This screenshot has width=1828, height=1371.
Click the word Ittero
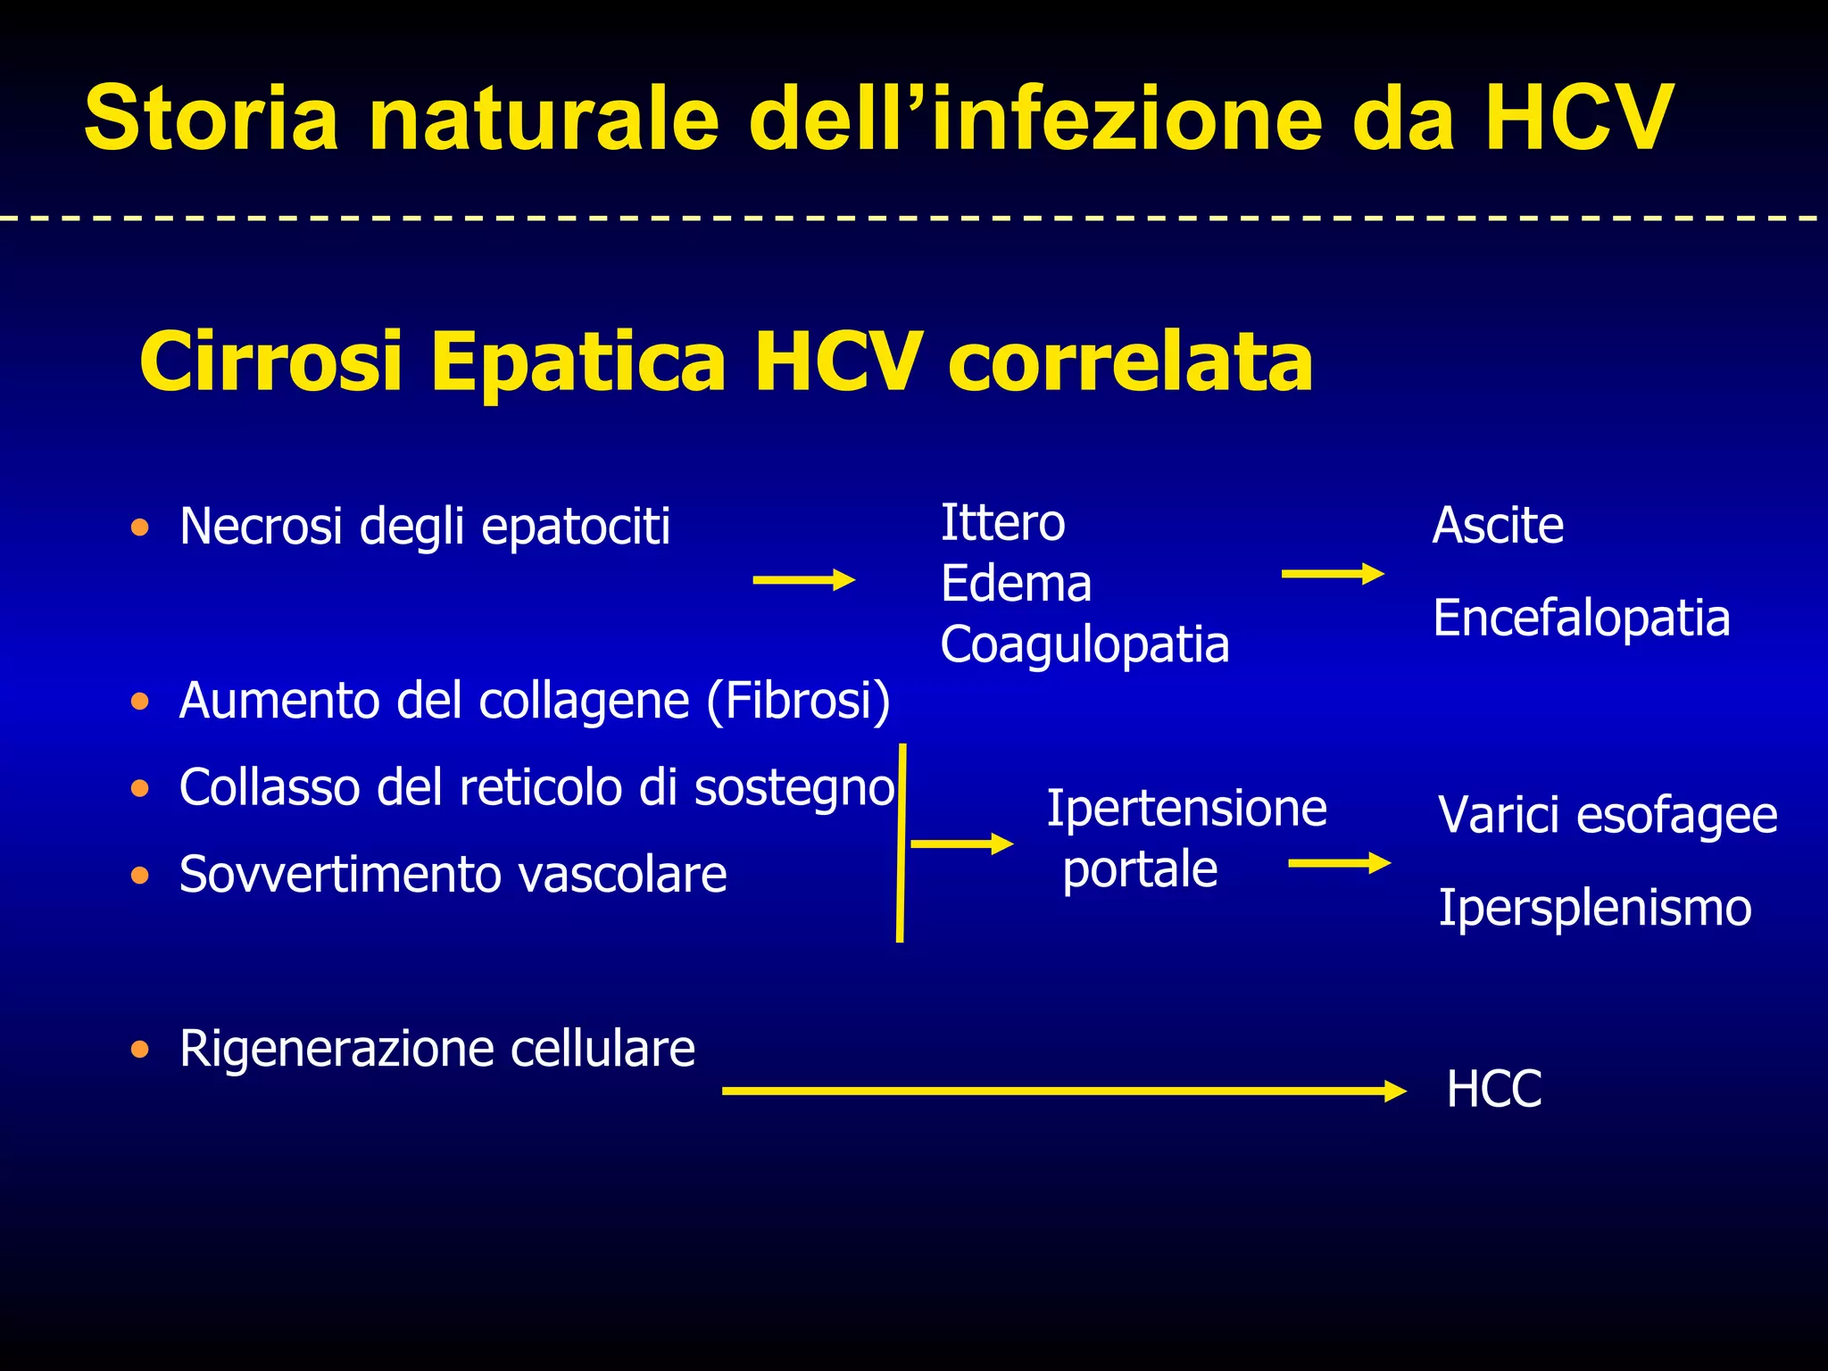pyautogui.click(x=1002, y=523)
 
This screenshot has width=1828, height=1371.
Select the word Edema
pyautogui.click(x=1016, y=585)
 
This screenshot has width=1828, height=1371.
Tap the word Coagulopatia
pyautogui.click(x=1084, y=644)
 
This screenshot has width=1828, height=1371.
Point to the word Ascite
pyautogui.click(x=1498, y=525)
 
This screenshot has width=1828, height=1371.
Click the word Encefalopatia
pyautogui.click(x=1581, y=618)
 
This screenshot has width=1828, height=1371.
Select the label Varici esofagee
pyautogui.click(x=1608, y=816)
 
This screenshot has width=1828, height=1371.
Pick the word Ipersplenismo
pyautogui.click(x=1595, y=909)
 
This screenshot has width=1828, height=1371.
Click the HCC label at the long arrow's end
pyautogui.click(x=1494, y=1090)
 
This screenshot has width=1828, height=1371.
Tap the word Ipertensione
pyautogui.click(x=1186, y=809)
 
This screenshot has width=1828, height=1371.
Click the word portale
pyautogui.click(x=1140, y=869)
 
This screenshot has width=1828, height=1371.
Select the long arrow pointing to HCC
pyautogui.click(x=1062, y=1091)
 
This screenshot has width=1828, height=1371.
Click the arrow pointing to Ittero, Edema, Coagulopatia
pyautogui.click(x=803, y=580)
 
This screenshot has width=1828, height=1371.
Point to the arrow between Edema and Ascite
pyautogui.click(x=1332, y=574)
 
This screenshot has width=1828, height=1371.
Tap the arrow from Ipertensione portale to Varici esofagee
pyautogui.click(x=1339, y=863)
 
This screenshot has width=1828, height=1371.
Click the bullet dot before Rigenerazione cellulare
pyautogui.click(x=140, y=1049)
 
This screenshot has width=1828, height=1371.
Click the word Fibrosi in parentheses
pyautogui.click(x=798, y=702)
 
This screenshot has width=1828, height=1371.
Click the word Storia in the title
pyautogui.click(x=211, y=120)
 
